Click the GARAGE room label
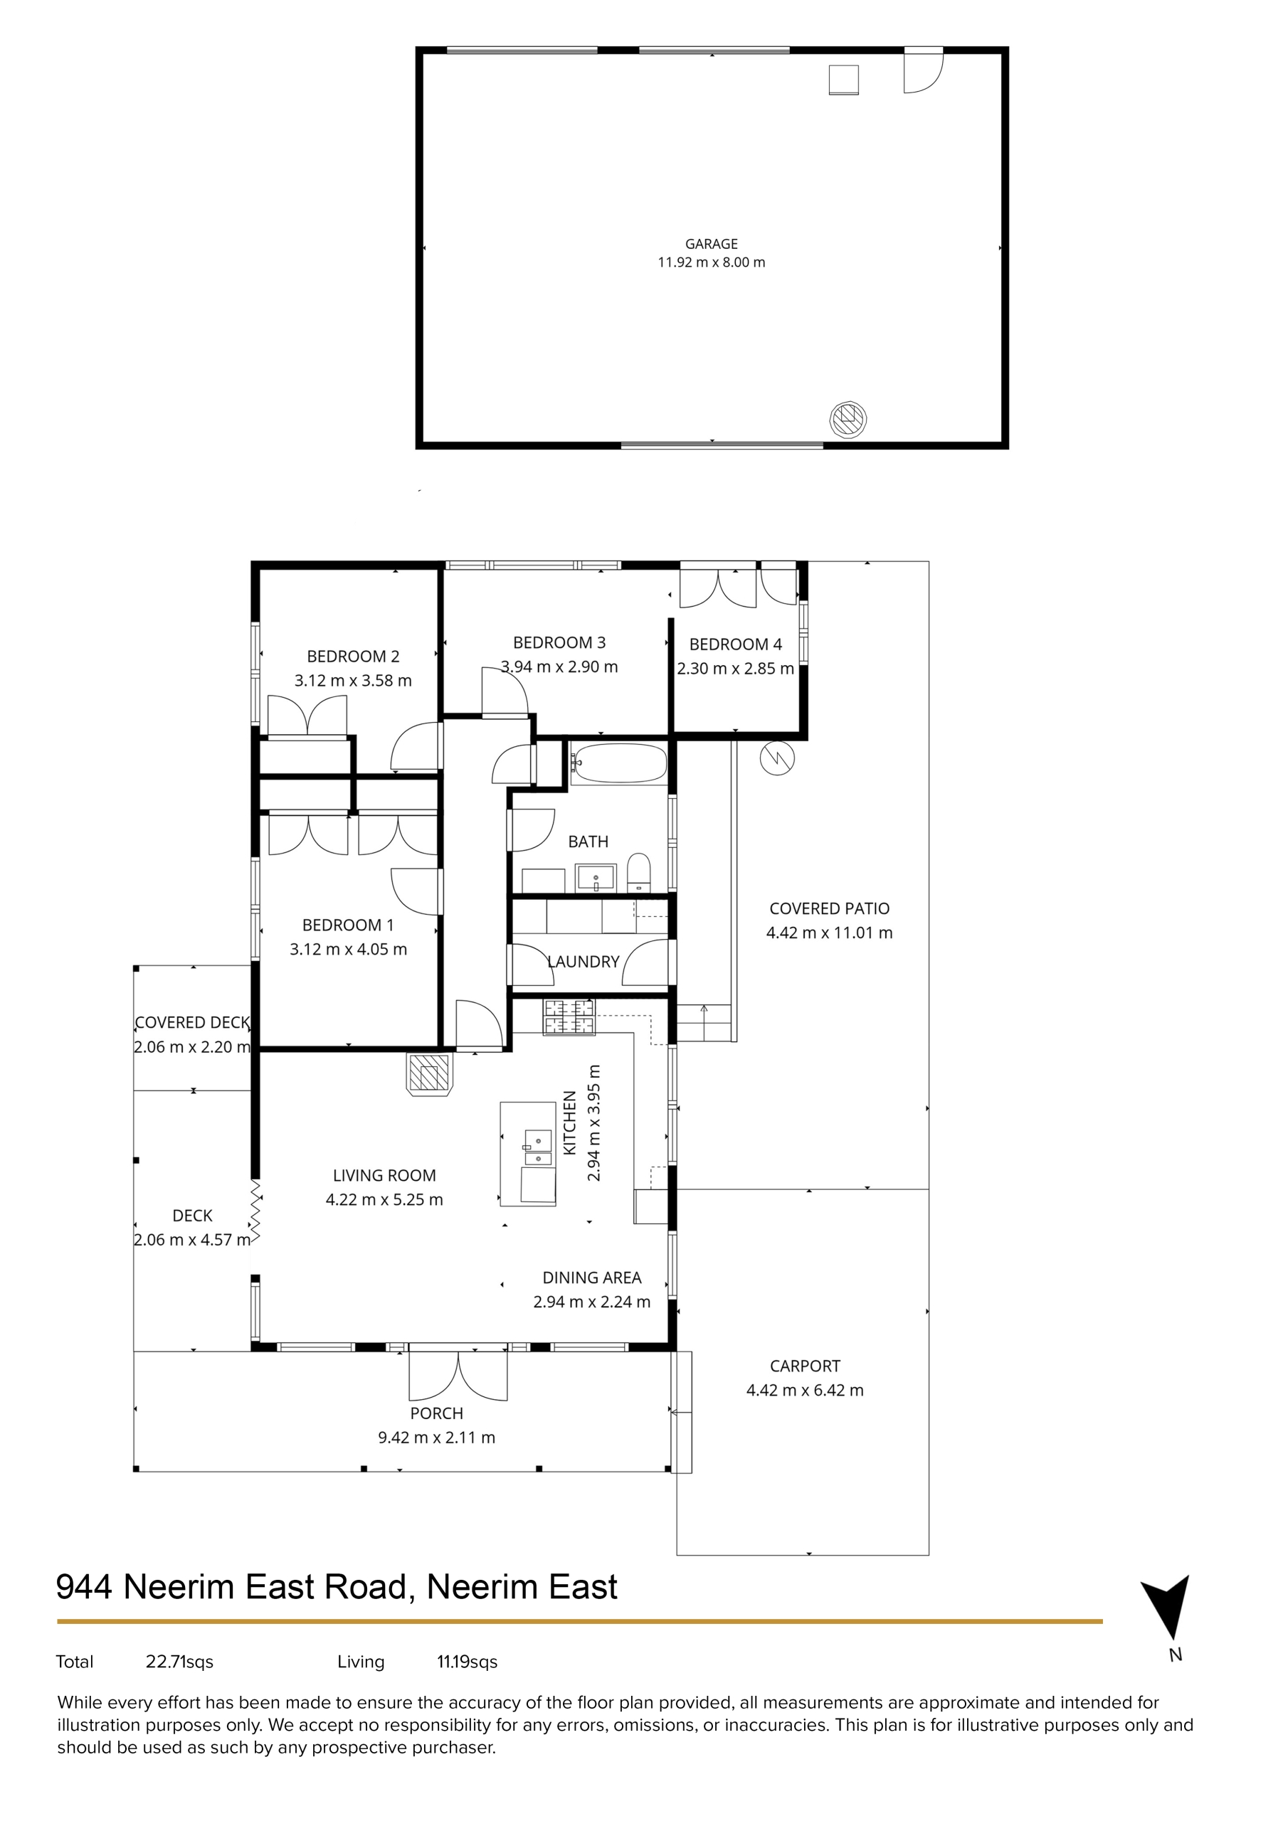click(x=711, y=244)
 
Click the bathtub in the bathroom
click(x=619, y=764)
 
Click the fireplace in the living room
click(x=429, y=1074)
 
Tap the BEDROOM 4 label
click(x=736, y=644)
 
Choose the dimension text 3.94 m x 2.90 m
click(x=559, y=667)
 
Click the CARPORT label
click(x=805, y=1366)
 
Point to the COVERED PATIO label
click(x=829, y=909)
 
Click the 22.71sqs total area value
click(x=179, y=1662)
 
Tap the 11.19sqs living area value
click(x=468, y=1662)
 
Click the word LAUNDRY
click(x=584, y=962)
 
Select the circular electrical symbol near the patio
click(x=777, y=759)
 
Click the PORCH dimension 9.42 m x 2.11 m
click(x=436, y=1437)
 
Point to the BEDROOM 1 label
click(x=347, y=925)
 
